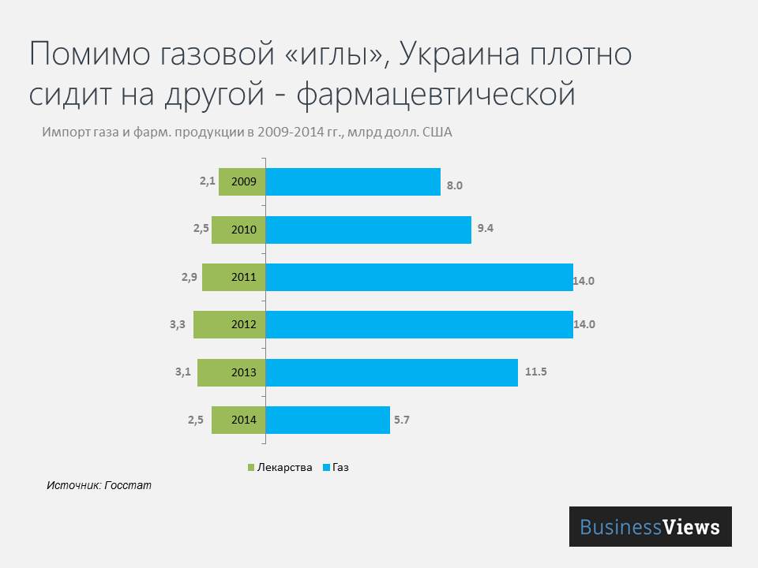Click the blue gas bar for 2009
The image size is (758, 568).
coord(353,182)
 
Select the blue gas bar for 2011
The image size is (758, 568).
coord(419,277)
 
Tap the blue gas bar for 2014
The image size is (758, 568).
coord(328,420)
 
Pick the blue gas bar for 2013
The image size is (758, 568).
coord(392,372)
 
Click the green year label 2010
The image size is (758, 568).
coord(243,230)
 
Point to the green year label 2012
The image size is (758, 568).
coord(243,324)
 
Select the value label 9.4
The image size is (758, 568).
coord(486,229)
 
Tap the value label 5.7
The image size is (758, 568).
coord(401,420)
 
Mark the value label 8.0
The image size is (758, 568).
coord(454,186)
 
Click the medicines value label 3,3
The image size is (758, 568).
coord(178,323)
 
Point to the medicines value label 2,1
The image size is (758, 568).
coord(208,181)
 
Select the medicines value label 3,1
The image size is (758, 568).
coord(183,371)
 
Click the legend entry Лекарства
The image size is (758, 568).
coord(280,467)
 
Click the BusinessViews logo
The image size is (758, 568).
coord(650,527)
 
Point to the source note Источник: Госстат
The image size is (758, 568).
coord(99,485)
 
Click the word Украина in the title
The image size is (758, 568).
coord(458,55)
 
